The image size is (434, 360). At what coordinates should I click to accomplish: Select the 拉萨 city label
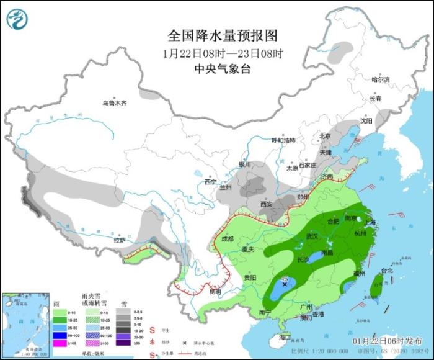click(x=119, y=240)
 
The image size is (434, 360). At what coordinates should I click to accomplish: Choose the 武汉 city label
click(x=312, y=236)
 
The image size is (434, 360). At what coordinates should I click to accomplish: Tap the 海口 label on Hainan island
click(x=285, y=337)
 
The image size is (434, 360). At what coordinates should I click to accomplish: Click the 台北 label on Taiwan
click(x=387, y=271)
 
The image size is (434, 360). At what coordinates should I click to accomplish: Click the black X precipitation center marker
click(x=285, y=285)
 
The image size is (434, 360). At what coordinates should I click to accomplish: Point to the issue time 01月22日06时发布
click(x=389, y=341)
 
